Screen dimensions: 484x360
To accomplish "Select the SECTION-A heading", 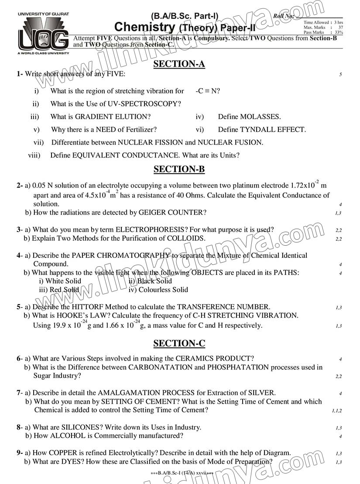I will [179, 65].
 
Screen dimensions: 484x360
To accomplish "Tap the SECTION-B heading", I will [179, 169].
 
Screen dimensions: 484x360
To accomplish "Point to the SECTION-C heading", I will [179, 343].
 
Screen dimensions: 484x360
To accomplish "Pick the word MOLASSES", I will [261, 117].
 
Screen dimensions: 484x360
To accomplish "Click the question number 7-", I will [20, 393].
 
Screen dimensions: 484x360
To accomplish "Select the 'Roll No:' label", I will [284, 17].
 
